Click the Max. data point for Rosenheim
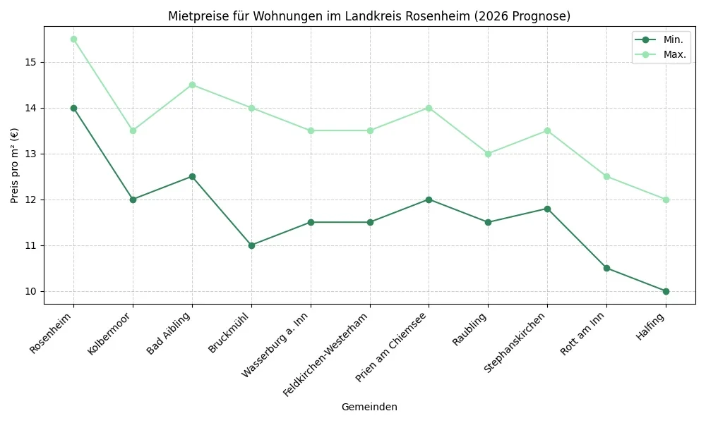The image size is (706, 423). [73, 39]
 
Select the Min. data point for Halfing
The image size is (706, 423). [666, 291]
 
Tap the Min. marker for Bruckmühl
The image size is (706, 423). [251, 245]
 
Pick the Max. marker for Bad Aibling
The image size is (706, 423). [192, 85]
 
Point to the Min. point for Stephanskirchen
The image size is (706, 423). [547, 209]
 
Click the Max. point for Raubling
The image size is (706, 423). [488, 154]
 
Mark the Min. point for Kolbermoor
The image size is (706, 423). [133, 200]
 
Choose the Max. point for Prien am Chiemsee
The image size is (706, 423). [429, 108]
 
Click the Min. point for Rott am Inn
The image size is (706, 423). [606, 268]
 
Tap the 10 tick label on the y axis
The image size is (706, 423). [32, 291]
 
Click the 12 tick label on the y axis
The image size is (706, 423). [32, 200]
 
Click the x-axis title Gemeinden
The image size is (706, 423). [369, 407]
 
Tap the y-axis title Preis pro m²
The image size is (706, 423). [15, 166]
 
